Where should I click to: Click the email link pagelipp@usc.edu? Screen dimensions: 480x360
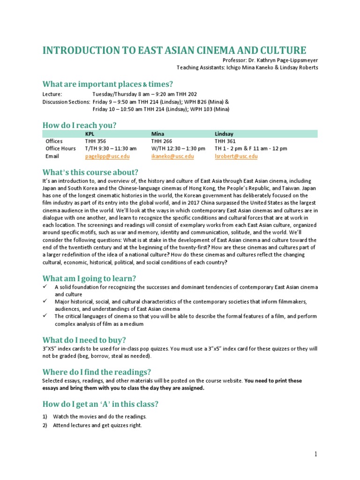pyautogui.click(x=107, y=156)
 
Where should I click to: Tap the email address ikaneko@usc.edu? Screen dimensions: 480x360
pyautogui.click(x=172, y=156)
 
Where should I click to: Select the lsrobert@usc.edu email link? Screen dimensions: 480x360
pyautogui.click(x=236, y=156)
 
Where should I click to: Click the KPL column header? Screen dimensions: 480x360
pyautogui.click(x=90, y=134)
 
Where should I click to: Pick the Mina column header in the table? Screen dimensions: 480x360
pyautogui.click(x=157, y=134)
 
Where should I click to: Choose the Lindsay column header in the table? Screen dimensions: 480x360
pyautogui.click(x=223, y=134)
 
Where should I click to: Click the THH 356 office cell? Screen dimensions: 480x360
pyautogui.click(x=95, y=141)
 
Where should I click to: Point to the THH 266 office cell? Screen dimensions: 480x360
pyautogui.click(x=161, y=141)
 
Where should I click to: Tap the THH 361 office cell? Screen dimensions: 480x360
pyautogui.click(x=225, y=141)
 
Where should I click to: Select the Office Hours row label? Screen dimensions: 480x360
pyautogui.click(x=60, y=149)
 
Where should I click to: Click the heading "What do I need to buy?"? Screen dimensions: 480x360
pyautogui.click(x=84, y=340)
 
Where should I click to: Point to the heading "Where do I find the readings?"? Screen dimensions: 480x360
pyautogui.click(x=97, y=371)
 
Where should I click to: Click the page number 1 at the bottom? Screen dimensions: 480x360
pyautogui.click(x=316, y=454)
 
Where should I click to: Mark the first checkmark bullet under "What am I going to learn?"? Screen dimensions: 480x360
pyautogui.click(x=45, y=287)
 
